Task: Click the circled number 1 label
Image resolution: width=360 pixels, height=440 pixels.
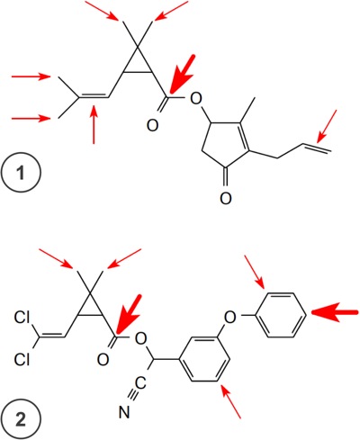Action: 21,173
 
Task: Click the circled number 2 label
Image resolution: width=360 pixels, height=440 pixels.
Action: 21,419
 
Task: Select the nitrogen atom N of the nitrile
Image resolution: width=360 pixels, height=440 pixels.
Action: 124,412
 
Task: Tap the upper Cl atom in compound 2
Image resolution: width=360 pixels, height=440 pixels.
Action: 22,318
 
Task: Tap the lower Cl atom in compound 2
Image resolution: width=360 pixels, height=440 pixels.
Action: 22,359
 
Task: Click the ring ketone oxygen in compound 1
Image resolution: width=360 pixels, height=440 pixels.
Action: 226,198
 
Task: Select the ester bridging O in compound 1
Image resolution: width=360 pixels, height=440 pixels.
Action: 196,98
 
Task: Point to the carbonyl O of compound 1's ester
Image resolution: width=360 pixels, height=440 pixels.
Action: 152,125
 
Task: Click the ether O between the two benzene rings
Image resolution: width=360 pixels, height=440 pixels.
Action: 230,317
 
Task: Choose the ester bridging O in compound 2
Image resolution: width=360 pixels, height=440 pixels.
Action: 140,338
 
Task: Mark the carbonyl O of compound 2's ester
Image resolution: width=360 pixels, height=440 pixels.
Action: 103,360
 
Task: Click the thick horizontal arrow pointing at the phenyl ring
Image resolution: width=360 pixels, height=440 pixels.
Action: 335,312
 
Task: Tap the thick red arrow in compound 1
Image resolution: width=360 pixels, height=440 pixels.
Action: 183,74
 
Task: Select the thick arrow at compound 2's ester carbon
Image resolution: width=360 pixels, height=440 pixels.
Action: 129,314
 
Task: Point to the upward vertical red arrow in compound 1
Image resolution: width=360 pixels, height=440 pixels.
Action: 94,124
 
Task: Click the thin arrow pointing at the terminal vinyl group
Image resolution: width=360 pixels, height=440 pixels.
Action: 327,126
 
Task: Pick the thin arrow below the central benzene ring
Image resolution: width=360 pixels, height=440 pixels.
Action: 231,401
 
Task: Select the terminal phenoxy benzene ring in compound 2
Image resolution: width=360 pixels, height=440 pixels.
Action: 281,316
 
